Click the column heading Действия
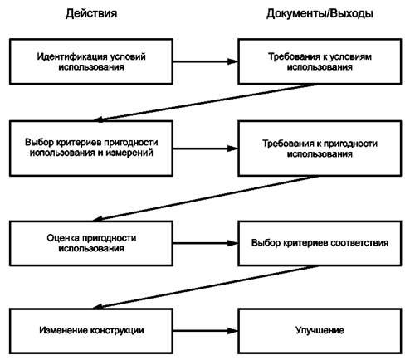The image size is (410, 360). click(91, 13)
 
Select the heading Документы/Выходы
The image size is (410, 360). click(320, 13)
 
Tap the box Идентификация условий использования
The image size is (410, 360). click(91, 61)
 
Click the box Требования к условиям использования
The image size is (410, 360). click(320, 61)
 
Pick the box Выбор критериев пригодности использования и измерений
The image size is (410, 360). click(91, 148)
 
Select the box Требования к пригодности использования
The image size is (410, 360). click(320, 148)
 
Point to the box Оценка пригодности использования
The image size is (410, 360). click(91, 243)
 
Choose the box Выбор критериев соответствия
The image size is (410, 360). click(320, 243)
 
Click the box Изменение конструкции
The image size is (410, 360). click(91, 331)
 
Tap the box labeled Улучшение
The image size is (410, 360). click(320, 331)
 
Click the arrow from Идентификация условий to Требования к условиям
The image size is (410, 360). click(206, 61)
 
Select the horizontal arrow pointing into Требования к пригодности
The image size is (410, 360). click(206, 148)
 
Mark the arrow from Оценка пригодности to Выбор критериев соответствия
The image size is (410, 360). click(206, 243)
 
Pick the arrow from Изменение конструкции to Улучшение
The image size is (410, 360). click(206, 331)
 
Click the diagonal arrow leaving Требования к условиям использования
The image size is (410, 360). click(206, 102)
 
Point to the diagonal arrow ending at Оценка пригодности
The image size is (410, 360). click(206, 198)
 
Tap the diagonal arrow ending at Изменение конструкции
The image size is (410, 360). click(206, 287)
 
